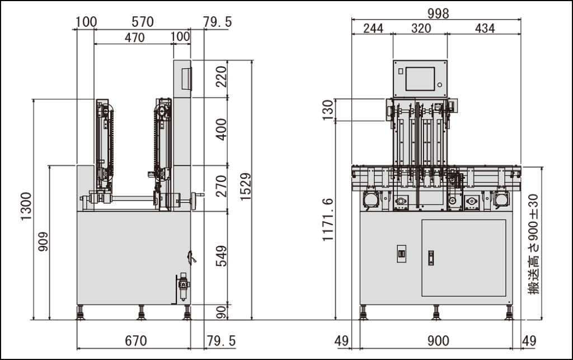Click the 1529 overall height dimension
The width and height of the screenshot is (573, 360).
tap(246, 186)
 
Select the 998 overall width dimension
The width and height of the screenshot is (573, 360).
tap(438, 13)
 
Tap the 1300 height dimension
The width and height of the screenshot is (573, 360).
tap(26, 206)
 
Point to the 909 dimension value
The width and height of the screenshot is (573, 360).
tap(43, 241)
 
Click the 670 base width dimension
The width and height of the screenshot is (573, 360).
tap(136, 341)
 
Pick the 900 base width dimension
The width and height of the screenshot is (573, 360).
tap(438, 341)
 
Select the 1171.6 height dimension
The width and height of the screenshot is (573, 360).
tap(328, 219)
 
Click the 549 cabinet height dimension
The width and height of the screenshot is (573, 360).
tap(222, 256)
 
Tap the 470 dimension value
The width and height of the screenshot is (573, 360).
tap(134, 38)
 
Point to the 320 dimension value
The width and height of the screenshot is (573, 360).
tap(421, 28)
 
